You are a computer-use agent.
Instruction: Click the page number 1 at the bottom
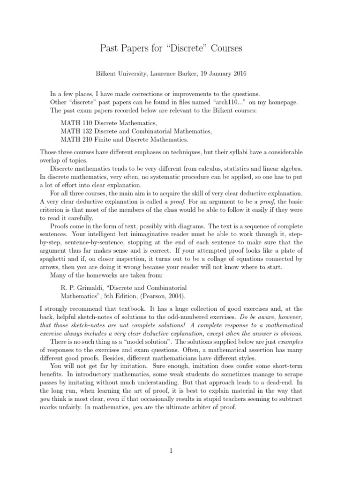point(172,451)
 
